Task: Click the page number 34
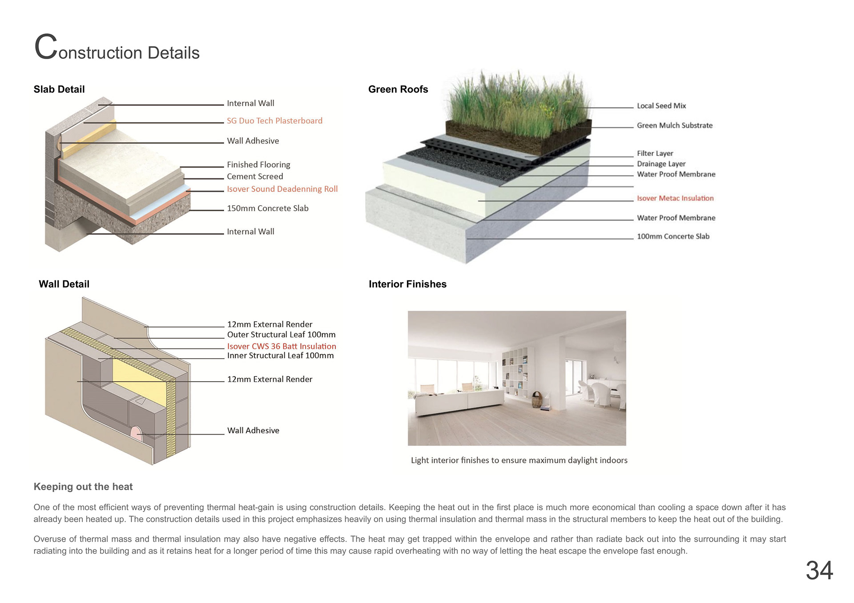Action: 819,570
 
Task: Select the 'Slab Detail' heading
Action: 59,89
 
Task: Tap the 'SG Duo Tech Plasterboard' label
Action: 274,121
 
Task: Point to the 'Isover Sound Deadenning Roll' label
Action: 282,189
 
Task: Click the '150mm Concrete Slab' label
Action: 267,208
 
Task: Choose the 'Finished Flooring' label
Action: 258,165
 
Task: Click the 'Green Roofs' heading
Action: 398,89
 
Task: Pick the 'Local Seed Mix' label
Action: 661,106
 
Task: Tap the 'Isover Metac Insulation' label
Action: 675,198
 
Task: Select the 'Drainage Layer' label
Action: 661,164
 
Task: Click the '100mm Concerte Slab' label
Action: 673,236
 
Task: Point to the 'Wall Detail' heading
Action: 64,284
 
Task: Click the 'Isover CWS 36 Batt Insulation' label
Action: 282,346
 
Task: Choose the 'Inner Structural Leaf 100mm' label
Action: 280,355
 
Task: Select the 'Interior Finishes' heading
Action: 407,284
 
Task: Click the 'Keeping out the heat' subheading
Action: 83,487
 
